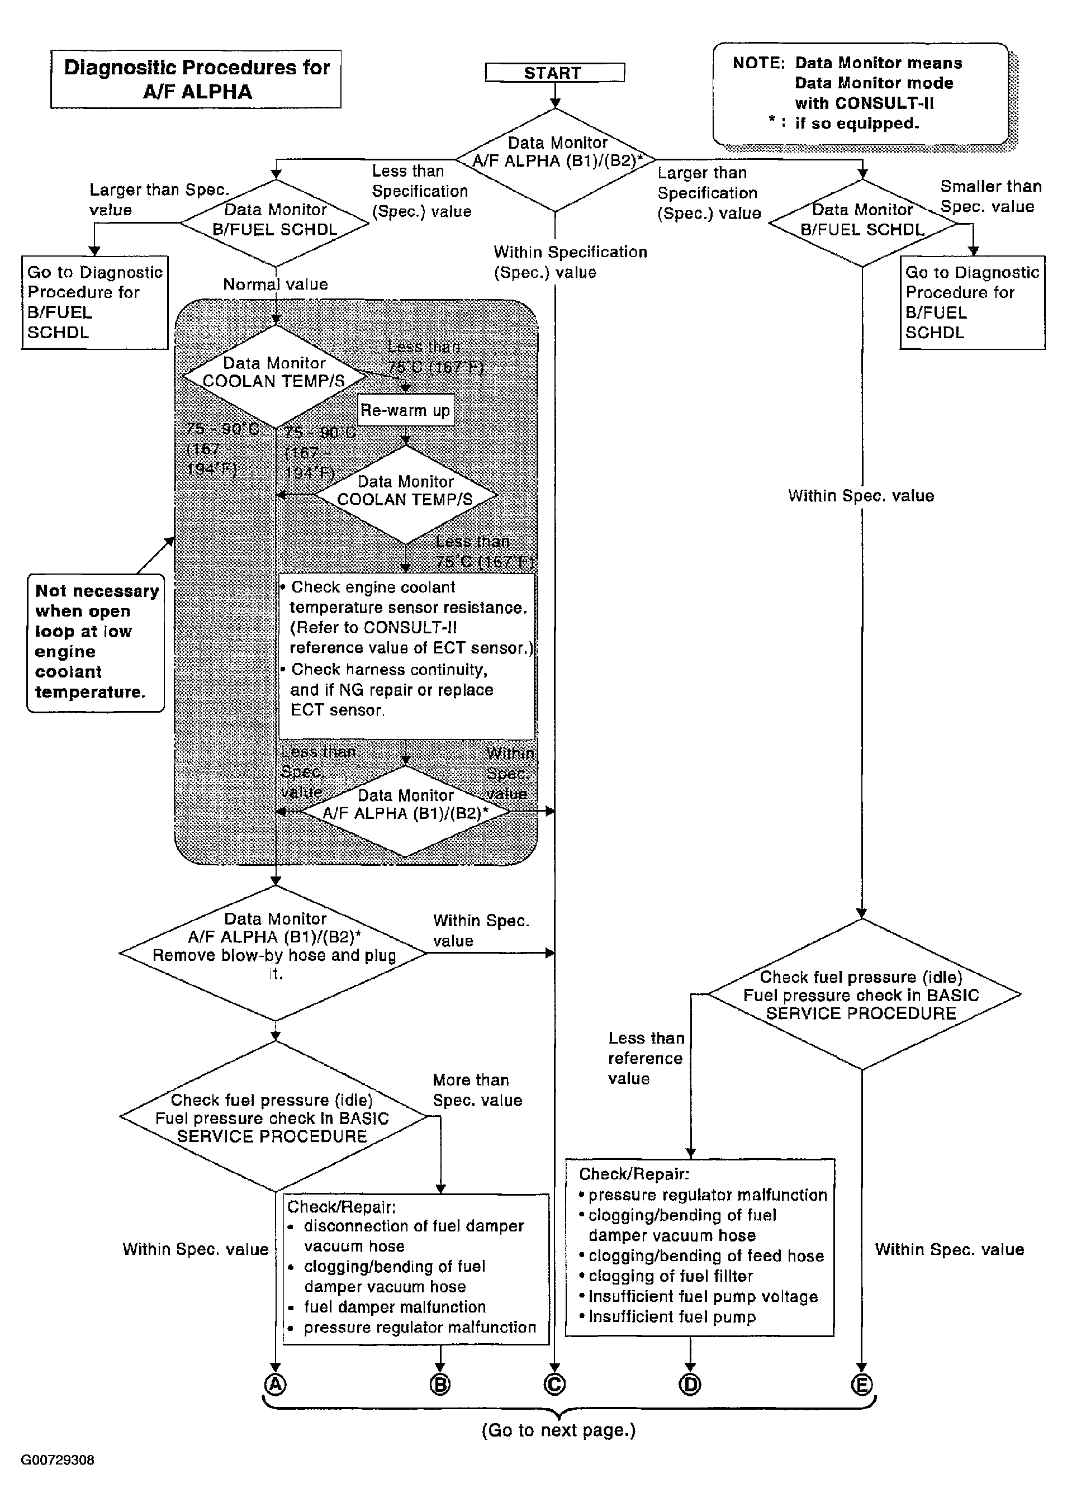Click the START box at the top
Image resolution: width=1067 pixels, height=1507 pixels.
point(554,72)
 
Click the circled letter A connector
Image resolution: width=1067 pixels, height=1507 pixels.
point(276,1384)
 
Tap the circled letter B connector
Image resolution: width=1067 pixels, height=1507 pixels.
point(440,1384)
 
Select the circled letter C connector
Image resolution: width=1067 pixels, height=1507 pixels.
point(554,1384)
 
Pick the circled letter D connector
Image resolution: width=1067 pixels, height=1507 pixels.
point(690,1384)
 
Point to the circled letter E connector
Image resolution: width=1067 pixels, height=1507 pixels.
point(861,1384)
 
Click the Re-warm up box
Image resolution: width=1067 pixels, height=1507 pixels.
point(405,411)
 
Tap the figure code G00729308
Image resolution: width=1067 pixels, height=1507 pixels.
point(58,1459)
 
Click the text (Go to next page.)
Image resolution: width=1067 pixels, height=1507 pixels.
point(558,1430)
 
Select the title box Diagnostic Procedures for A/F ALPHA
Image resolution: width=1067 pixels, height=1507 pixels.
point(196,79)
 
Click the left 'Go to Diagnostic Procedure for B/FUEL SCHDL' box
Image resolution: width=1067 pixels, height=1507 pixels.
point(94,302)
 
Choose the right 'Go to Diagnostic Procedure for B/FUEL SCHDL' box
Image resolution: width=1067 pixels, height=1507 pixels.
point(972,302)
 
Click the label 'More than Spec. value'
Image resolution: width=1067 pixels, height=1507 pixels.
point(477,1090)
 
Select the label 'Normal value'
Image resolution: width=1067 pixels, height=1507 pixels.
point(276,285)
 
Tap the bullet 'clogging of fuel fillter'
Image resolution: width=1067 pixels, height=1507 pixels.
point(670,1276)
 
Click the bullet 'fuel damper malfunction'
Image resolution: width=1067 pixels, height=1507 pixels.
point(395,1307)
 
